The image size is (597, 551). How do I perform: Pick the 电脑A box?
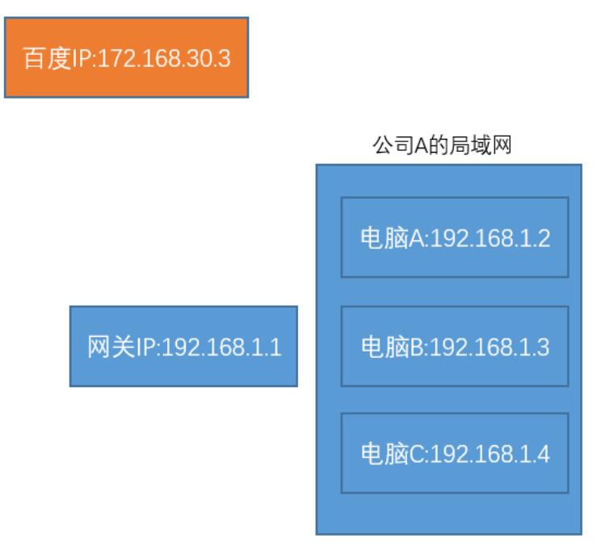coord(455,238)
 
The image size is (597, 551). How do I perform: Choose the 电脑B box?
coord(455,346)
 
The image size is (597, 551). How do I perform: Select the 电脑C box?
coord(455,453)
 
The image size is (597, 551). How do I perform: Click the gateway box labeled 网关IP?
coord(183,346)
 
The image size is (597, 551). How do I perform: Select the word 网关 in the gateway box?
coord(110,347)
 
